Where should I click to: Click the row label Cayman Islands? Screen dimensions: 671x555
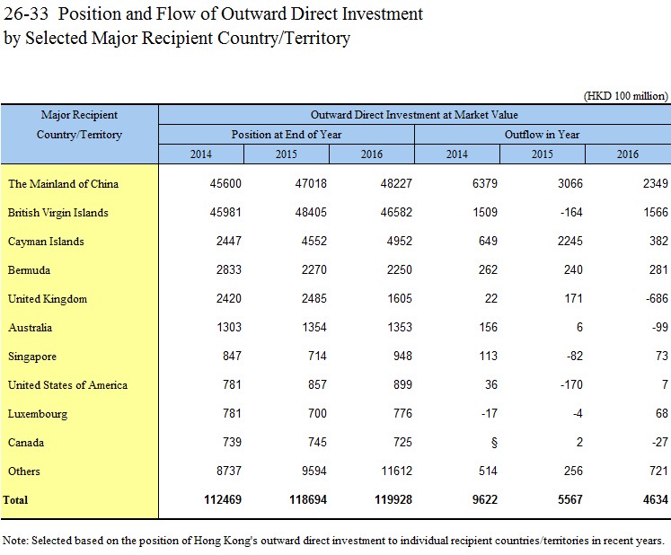(x=46, y=242)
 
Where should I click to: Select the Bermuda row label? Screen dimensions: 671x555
(x=29, y=270)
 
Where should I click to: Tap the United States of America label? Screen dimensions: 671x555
(x=67, y=384)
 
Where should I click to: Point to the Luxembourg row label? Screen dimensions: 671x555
(x=38, y=414)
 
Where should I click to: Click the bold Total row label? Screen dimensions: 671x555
(x=15, y=500)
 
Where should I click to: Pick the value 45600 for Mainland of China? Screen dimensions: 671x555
(x=225, y=183)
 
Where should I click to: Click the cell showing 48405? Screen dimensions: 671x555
(x=311, y=212)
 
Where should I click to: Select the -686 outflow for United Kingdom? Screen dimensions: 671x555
(x=657, y=298)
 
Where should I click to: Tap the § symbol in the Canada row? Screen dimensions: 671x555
(x=494, y=443)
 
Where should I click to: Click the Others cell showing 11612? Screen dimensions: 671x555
(x=396, y=471)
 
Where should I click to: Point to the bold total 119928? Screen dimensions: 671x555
(x=393, y=500)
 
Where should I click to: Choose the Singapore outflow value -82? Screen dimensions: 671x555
(x=574, y=356)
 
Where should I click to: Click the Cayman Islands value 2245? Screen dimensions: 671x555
(x=570, y=241)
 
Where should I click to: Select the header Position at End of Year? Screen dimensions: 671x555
(x=287, y=135)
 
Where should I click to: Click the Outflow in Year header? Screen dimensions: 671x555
(x=543, y=135)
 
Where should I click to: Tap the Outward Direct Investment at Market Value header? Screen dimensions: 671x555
(x=414, y=115)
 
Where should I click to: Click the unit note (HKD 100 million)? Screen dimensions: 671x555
(x=626, y=95)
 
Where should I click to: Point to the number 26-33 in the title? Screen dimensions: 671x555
(x=26, y=13)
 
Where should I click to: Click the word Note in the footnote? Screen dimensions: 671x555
(x=14, y=541)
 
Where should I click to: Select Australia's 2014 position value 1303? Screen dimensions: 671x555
(x=228, y=328)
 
